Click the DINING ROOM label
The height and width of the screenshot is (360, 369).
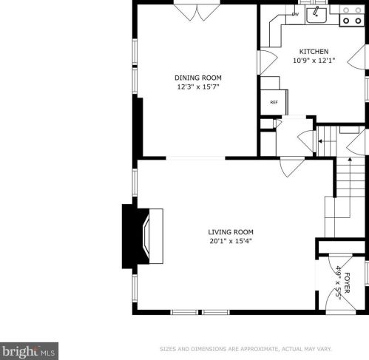198,78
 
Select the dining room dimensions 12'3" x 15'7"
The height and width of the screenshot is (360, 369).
198,87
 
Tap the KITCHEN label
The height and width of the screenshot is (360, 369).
314,52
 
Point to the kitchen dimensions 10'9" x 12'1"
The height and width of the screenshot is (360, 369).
314,61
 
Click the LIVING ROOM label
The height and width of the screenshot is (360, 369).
231,232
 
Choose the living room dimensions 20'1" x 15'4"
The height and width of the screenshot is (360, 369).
231,241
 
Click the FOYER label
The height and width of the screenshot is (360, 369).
347,283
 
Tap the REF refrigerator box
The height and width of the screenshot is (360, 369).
274,102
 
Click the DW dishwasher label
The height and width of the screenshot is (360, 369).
295,14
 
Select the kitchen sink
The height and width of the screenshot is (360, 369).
316,15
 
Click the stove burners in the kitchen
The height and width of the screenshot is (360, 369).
352,16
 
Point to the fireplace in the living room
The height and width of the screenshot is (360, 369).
143,237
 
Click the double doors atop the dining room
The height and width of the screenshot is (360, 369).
197,13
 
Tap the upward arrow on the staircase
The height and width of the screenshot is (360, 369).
350,187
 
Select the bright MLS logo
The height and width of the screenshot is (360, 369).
29,351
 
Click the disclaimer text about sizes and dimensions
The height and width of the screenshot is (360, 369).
246,349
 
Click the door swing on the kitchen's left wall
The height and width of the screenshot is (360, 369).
269,62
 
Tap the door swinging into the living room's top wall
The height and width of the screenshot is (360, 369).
292,167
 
